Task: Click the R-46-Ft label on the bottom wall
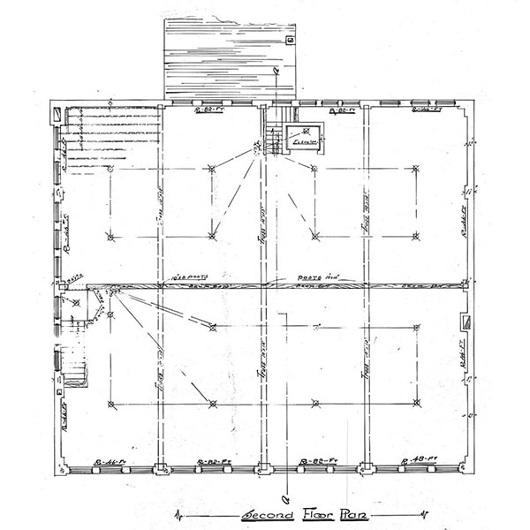coord(112,462)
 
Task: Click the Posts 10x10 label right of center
coord(314,276)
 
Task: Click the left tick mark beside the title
coord(181,513)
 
